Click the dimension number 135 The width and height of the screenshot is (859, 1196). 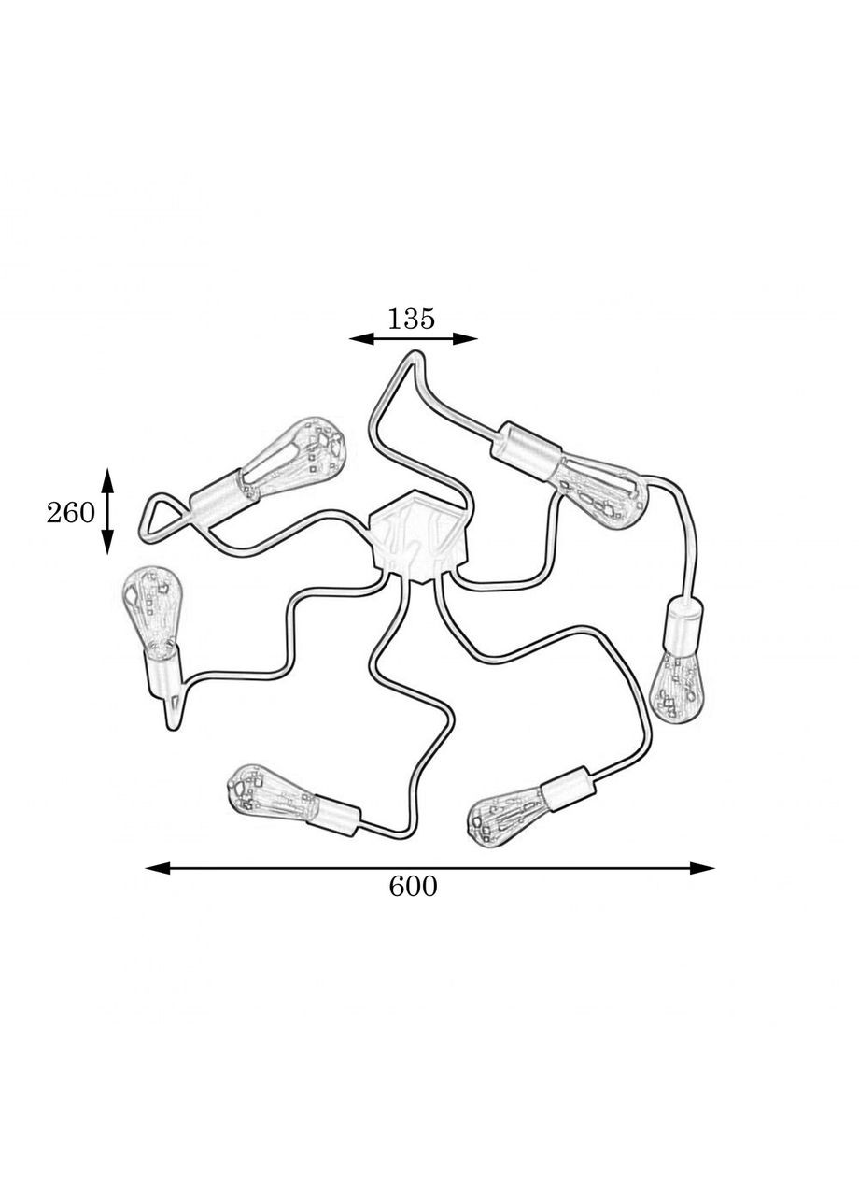pyautogui.click(x=411, y=319)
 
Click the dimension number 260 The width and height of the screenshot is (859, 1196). pyautogui.click(x=70, y=513)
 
